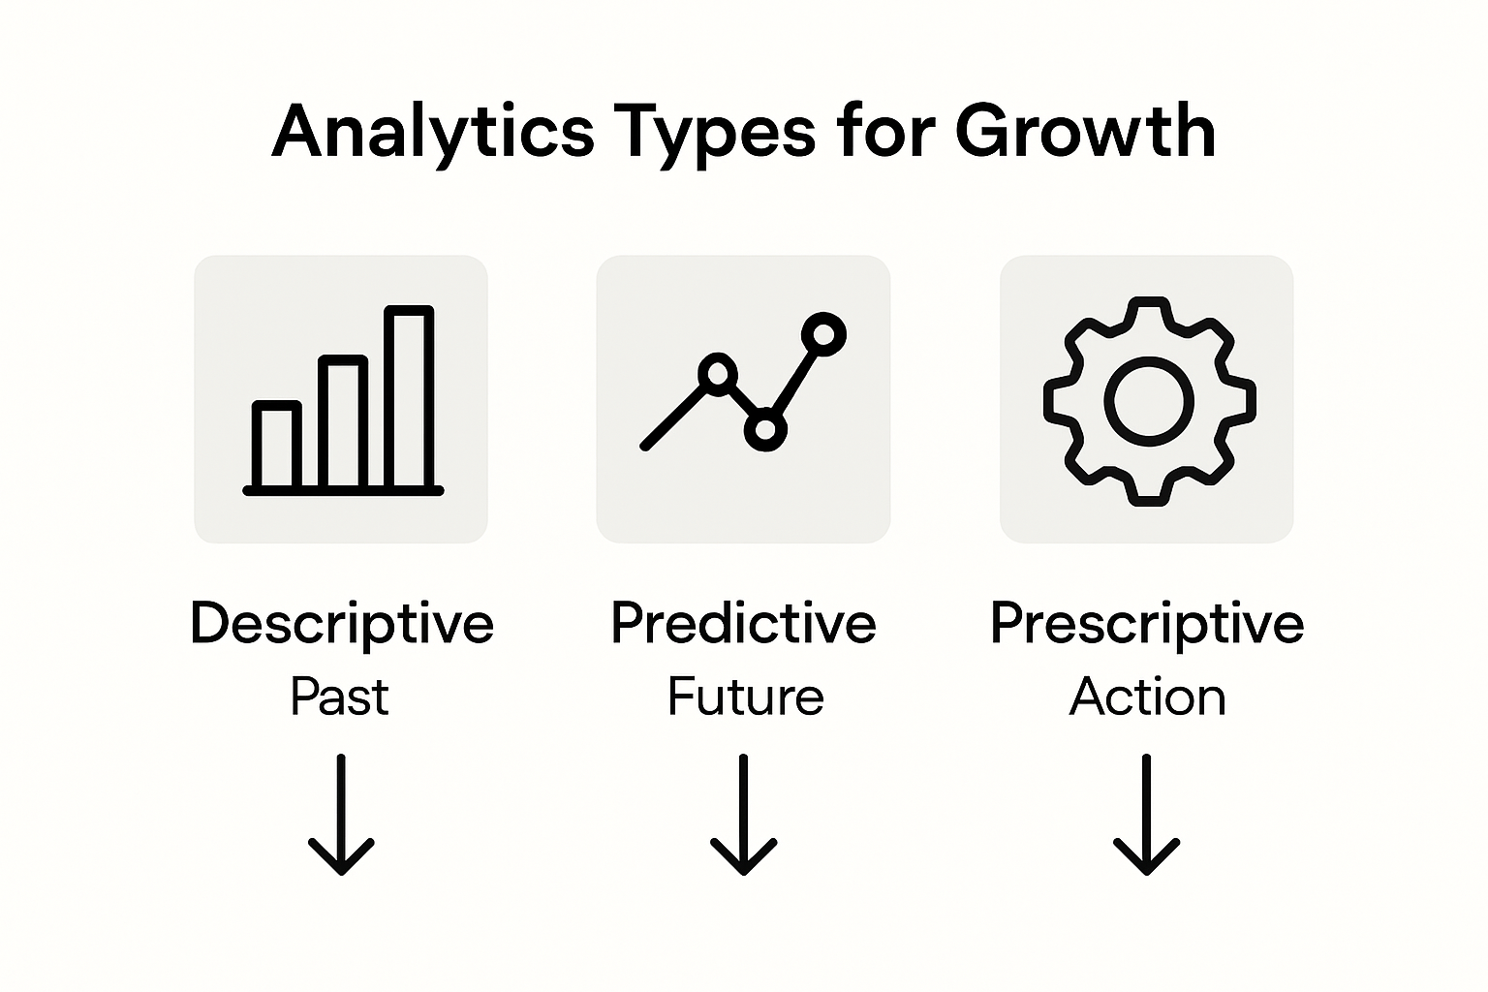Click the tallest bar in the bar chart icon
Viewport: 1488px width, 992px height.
click(x=409, y=397)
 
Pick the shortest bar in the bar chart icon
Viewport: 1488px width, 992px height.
click(x=277, y=446)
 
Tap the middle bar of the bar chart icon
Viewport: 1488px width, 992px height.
click(x=343, y=422)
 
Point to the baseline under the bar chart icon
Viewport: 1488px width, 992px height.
click(x=343, y=491)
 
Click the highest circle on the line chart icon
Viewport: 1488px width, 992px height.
click(x=823, y=335)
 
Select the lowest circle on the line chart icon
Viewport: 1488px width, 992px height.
click(x=765, y=430)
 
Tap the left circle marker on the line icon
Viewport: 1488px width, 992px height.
click(x=717, y=373)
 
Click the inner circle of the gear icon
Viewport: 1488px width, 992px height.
click(x=1149, y=400)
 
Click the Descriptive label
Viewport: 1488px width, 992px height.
click(x=342, y=624)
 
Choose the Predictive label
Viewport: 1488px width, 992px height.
click(x=743, y=624)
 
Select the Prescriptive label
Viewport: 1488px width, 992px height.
click(x=1146, y=624)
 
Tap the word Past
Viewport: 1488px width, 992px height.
click(x=339, y=697)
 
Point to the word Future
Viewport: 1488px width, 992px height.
click(x=745, y=697)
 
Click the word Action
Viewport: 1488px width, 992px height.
click(x=1147, y=697)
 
